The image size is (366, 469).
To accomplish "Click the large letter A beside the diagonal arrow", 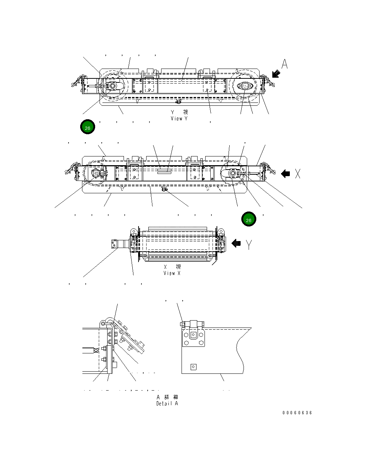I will tap(285, 64).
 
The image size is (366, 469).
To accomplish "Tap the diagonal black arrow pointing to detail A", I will tap(276, 74).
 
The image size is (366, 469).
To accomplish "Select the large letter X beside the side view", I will tap(298, 174).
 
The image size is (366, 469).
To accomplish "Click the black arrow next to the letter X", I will tap(285, 174).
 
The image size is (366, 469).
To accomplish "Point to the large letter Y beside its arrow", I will tap(249, 244).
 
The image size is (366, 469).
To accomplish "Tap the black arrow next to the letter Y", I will tap(236, 243).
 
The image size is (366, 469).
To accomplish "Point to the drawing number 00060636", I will tap(297, 413).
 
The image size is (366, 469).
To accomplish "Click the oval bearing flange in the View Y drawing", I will tap(244, 86).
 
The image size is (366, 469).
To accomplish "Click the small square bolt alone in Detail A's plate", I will tap(193, 367).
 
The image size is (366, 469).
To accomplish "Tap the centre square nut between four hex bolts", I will tap(193, 334).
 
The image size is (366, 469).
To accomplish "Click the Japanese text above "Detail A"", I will tap(167, 397).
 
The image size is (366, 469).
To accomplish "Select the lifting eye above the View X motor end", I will tap(133, 231).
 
